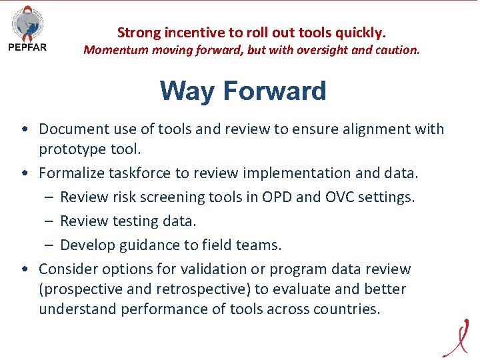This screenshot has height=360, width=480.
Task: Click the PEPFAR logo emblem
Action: point(27,24)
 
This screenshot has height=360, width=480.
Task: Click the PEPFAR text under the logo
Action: point(27,47)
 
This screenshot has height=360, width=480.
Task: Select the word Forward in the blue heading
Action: point(274,91)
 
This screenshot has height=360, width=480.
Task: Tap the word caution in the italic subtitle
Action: point(398,50)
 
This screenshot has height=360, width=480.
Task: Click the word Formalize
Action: point(71,173)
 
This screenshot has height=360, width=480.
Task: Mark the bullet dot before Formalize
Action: point(24,173)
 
